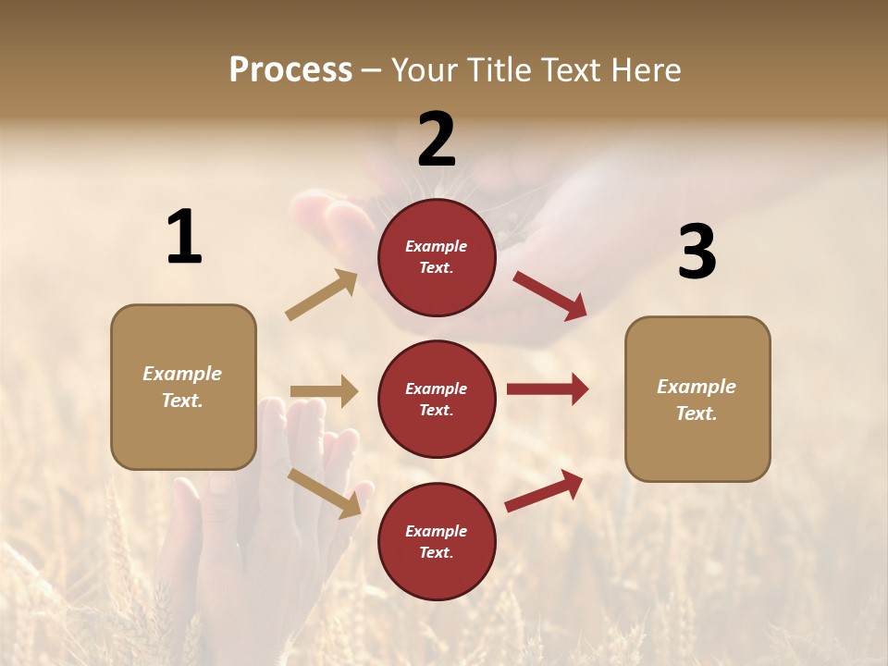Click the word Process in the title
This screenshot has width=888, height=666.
(x=290, y=69)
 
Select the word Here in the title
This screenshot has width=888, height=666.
(x=646, y=69)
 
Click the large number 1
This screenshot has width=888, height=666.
(x=184, y=238)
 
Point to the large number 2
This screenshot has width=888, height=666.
(x=437, y=140)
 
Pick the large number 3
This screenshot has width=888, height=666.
(x=697, y=253)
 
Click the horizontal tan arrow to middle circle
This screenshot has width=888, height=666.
(x=324, y=391)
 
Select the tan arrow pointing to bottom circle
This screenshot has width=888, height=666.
(x=324, y=492)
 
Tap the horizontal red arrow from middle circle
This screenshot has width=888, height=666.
(x=547, y=389)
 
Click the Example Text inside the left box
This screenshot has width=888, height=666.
(x=182, y=387)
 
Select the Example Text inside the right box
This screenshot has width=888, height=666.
(x=697, y=400)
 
